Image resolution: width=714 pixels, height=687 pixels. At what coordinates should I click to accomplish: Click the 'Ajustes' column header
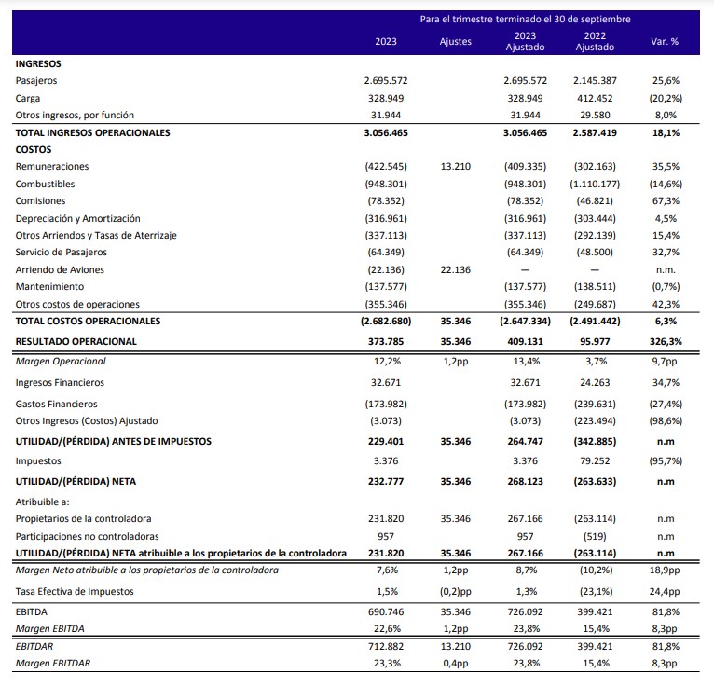click(x=456, y=41)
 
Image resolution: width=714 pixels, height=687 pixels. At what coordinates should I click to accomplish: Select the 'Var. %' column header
click(x=665, y=41)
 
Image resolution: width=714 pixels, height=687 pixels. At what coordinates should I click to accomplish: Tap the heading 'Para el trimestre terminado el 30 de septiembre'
click(x=525, y=20)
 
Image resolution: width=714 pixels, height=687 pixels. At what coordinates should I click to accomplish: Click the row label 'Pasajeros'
click(x=36, y=81)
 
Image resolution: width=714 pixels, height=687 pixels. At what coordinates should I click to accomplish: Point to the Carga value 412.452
click(x=595, y=98)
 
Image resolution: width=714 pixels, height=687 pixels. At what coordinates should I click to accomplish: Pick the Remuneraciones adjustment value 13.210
click(x=456, y=167)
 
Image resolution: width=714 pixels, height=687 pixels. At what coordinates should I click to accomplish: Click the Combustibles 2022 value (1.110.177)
click(x=595, y=185)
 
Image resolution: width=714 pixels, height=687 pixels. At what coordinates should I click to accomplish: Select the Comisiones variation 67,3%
click(x=666, y=201)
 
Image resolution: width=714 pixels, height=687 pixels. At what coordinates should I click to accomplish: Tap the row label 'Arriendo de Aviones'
click(x=60, y=270)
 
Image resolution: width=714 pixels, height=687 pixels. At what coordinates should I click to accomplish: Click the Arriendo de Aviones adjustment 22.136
click(x=456, y=270)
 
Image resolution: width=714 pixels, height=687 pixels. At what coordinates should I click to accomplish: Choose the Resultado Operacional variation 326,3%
click(x=666, y=342)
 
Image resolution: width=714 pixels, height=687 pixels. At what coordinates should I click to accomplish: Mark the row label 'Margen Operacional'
click(x=61, y=362)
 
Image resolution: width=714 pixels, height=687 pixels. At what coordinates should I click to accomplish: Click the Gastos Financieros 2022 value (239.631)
click(x=595, y=405)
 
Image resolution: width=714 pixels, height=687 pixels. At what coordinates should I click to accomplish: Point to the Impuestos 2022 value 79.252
click(x=595, y=461)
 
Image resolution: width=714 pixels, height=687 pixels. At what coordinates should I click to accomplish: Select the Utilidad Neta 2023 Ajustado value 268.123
click(x=525, y=482)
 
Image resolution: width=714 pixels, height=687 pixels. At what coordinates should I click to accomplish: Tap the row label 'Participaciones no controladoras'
click(x=87, y=537)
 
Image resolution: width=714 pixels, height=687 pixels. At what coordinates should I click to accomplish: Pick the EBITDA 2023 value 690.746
click(x=386, y=612)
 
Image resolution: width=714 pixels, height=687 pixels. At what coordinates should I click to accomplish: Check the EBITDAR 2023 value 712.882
click(x=386, y=647)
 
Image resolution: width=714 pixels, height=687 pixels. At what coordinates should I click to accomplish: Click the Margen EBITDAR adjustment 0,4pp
click(x=456, y=664)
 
